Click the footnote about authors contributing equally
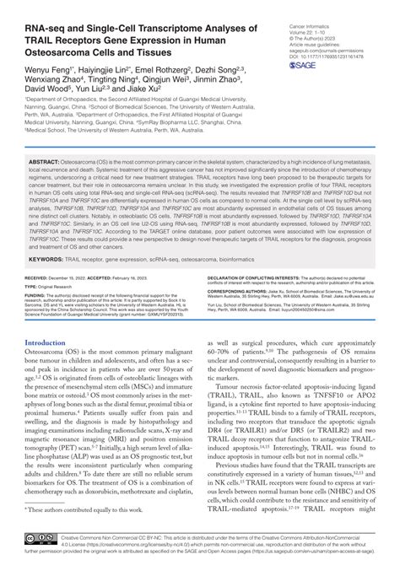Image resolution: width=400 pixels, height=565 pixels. pos(84,509)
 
